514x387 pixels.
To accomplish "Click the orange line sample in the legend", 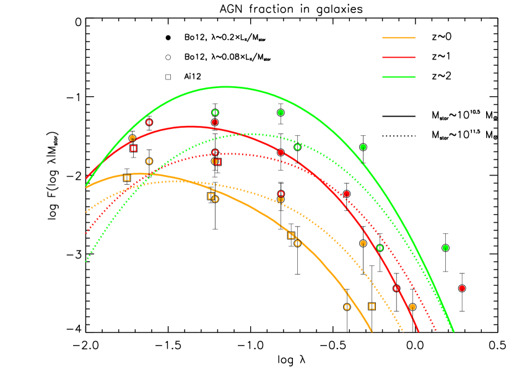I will [x=398, y=38].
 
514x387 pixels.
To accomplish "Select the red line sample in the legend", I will [x=398, y=57].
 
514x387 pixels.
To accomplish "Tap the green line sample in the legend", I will [x=398, y=77].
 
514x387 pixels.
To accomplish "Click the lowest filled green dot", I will [x=445, y=248].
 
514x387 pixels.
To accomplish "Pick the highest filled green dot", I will [x=281, y=112].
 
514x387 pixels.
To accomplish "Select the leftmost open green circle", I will [x=215, y=112].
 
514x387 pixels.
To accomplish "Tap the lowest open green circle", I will [x=380, y=248].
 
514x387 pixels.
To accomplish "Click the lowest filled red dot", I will [x=462, y=288].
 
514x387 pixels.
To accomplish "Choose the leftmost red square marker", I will [x=133, y=148].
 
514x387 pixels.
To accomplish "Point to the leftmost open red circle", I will [x=149, y=122].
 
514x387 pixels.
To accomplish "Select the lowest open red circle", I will [x=396, y=288].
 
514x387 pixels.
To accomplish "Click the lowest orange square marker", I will [x=372, y=306].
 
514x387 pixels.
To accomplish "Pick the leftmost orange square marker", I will [x=126, y=178].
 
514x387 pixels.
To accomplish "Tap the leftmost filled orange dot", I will [x=132, y=138].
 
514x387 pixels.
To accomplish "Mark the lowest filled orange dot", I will [x=412, y=307].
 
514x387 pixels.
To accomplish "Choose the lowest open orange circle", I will [x=347, y=307].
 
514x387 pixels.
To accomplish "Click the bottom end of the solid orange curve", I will [x=372, y=332].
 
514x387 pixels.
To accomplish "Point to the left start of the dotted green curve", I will [x=85, y=262].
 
